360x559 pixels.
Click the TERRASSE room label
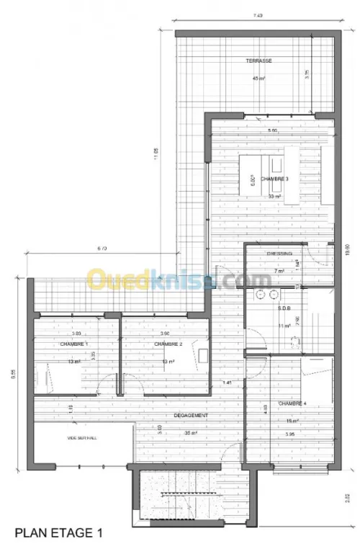click(258, 61)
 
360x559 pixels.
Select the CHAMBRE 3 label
click(275, 179)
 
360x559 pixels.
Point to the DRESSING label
click(279, 254)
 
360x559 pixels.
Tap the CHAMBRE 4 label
click(292, 403)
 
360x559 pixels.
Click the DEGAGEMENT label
click(191, 416)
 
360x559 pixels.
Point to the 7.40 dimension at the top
click(258, 15)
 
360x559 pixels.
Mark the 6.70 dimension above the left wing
click(102, 249)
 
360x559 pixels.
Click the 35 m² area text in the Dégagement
click(191, 432)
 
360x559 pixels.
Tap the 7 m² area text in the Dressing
click(279, 271)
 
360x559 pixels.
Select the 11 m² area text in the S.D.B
click(284, 326)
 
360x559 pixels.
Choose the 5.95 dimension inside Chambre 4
click(289, 434)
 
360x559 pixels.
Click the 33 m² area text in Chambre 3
click(274, 196)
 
